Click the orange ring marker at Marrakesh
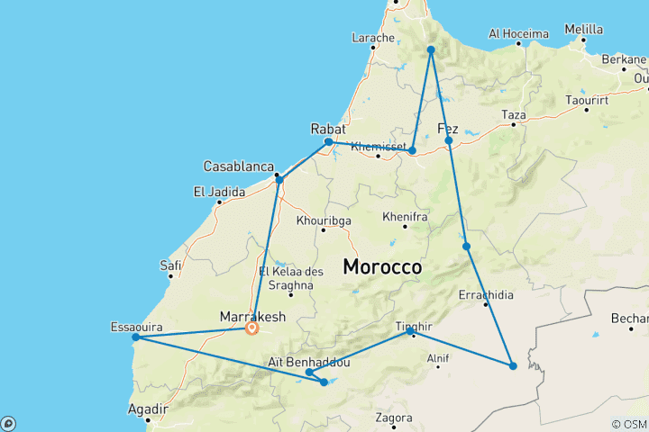251,328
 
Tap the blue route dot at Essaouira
135,337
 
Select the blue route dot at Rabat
329,142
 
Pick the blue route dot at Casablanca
279,180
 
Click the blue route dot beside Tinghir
411,332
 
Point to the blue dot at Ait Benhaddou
309,372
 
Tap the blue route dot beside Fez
448,140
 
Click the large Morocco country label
382,267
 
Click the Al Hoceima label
518,34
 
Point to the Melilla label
583,30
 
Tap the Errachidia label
486,294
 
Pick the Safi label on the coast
170,265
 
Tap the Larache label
373,38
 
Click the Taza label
513,115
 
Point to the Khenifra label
405,218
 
